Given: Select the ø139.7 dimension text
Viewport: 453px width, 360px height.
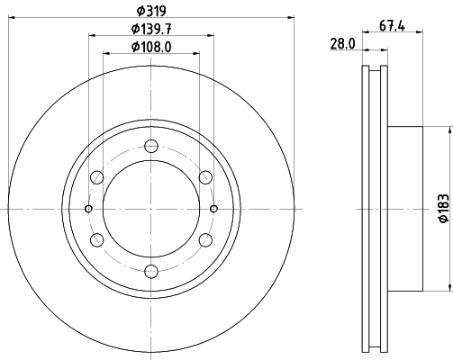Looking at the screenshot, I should coord(151,29).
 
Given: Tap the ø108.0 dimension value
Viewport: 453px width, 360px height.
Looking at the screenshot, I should coord(151,47).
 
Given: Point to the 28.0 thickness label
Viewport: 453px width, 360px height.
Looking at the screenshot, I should coord(342,42).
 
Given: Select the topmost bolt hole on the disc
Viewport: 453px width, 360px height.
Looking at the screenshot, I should coord(151,145).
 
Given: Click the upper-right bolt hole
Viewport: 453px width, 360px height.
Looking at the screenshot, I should coord(206,176).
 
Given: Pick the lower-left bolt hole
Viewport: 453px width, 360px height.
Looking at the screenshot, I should coord(96,240).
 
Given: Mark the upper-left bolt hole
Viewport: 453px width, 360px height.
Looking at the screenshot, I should coord(96,176).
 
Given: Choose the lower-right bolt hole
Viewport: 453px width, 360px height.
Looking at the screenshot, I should coord(206,240).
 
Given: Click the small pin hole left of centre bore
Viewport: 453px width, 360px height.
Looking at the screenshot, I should coord(88,209).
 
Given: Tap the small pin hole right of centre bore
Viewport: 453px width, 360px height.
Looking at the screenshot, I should coord(214,209).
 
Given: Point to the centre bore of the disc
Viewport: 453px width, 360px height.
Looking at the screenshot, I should coord(151,209).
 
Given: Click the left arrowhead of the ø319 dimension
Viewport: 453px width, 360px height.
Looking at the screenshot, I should coord(11,16).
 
